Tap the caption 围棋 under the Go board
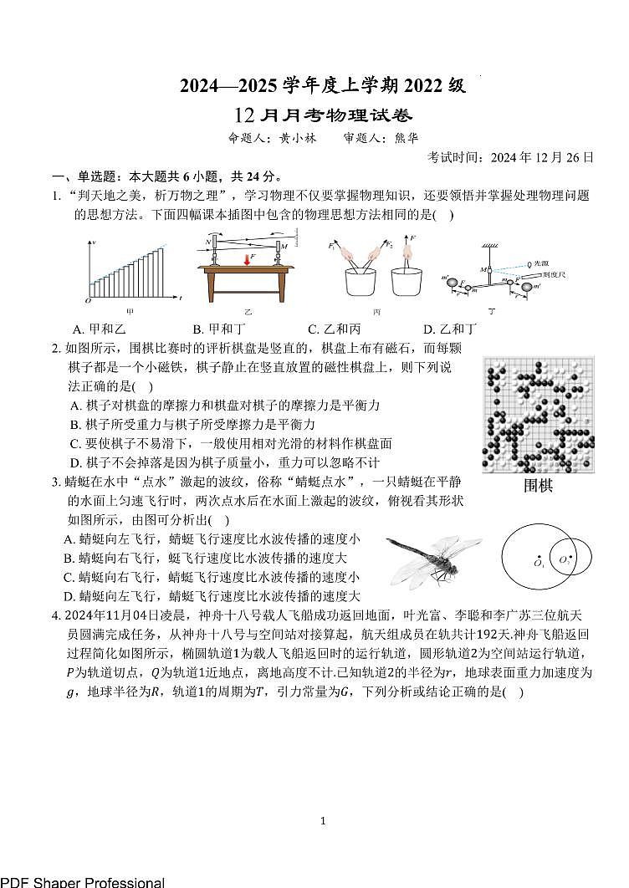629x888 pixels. pos(539,486)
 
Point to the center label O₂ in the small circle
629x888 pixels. pos(565,559)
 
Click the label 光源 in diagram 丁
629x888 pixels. pos(542,262)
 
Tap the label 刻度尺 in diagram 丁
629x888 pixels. pos(552,273)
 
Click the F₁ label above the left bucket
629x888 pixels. pos(332,247)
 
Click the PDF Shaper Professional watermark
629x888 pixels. pos(82,881)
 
